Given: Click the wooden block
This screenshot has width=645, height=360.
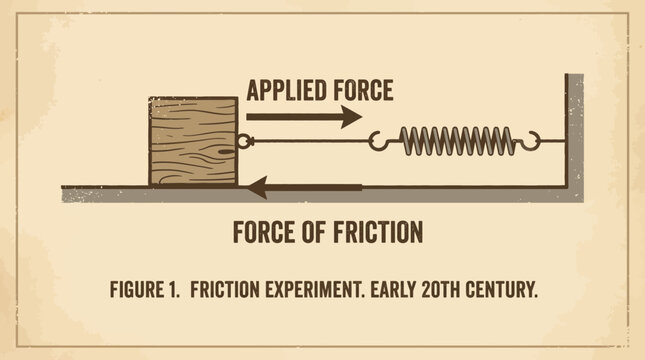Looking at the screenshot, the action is pos(193,141).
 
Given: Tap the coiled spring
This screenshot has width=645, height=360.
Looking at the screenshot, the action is pos(457,141).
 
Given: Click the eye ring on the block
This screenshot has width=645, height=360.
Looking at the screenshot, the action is pos(244,141).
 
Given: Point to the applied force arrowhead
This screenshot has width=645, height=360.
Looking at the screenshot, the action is pos(352,117).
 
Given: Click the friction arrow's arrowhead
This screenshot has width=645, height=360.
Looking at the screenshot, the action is pos(257,188).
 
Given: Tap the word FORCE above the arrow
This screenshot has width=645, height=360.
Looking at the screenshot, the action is pos(363,91).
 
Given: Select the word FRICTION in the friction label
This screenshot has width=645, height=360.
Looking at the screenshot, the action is pos(378,232).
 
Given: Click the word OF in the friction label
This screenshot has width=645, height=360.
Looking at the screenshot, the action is pos(314,232).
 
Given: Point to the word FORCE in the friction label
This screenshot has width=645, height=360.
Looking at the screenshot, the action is pos(263,232).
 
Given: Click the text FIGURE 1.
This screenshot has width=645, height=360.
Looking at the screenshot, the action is pos(145,289).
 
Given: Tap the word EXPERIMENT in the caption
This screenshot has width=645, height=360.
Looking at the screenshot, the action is pos(315,289).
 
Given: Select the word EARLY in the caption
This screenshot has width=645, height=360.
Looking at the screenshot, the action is pos(393,289).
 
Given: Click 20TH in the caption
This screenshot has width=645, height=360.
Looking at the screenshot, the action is pos(441,289).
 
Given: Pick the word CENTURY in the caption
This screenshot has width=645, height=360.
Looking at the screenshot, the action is pos(501,289).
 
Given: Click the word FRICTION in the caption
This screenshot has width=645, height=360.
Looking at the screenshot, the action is pos(225,289).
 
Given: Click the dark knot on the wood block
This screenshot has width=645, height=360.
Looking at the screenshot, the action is pos(226,152).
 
